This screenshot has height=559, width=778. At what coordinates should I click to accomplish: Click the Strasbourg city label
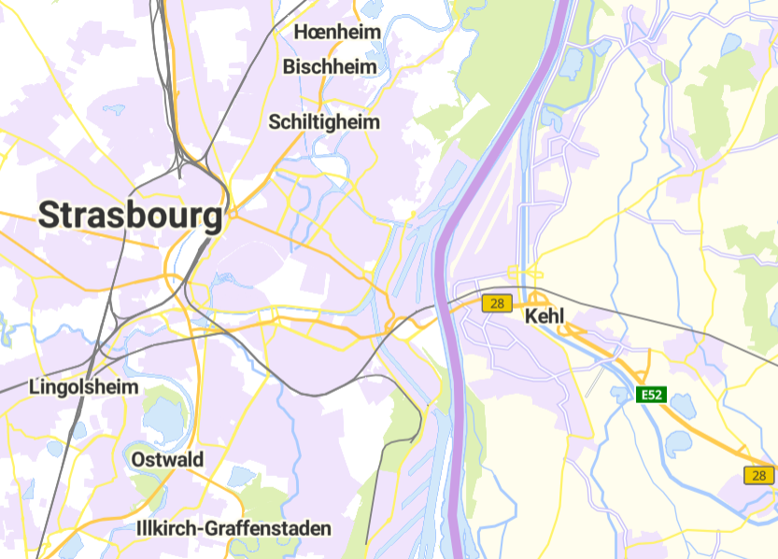[131, 216]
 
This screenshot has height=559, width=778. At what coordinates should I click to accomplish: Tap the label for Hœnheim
[338, 33]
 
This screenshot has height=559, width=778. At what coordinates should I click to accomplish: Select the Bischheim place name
[330, 67]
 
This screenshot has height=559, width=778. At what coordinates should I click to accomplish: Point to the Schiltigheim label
[324, 122]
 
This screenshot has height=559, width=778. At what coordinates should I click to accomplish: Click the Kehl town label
[545, 316]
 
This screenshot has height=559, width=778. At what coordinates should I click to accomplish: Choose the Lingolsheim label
[84, 386]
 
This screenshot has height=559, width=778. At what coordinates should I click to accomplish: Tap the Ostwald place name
[167, 460]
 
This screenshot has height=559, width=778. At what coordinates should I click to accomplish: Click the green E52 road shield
[651, 395]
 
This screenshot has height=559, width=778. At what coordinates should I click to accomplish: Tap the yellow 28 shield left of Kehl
[497, 303]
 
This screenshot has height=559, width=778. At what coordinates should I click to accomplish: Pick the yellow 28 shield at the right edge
[758, 476]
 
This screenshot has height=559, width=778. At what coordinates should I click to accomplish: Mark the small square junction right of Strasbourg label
[233, 215]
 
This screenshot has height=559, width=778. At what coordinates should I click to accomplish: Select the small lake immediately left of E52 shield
[622, 395]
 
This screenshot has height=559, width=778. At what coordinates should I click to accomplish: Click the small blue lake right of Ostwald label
[240, 476]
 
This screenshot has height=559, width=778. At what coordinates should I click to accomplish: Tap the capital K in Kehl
[532, 316]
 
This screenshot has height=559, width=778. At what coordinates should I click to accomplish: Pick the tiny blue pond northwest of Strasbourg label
[113, 109]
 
